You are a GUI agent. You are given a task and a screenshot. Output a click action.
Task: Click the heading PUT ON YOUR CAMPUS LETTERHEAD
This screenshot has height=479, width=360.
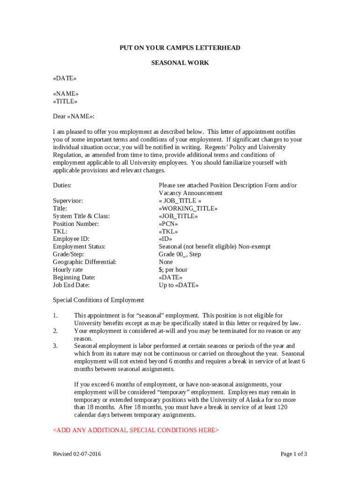[x=180, y=48]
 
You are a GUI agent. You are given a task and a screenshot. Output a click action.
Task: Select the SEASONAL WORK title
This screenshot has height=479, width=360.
[x=180, y=63]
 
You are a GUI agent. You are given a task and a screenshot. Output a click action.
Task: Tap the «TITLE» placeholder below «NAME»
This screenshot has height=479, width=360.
[x=65, y=101]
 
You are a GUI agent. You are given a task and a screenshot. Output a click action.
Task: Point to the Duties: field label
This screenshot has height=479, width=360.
[x=62, y=185]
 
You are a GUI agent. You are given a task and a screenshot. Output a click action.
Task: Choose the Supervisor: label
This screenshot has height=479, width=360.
[x=68, y=201]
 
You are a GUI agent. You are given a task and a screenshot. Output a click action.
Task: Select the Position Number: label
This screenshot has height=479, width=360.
[x=76, y=224]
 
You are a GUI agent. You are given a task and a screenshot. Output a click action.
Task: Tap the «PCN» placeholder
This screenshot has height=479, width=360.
[x=168, y=224]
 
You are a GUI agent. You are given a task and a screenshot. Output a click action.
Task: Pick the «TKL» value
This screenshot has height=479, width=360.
[x=168, y=231]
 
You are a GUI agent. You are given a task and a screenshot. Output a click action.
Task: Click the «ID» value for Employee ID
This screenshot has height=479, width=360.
[x=166, y=239]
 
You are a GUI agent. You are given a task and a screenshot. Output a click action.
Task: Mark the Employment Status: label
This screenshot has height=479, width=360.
[x=79, y=247]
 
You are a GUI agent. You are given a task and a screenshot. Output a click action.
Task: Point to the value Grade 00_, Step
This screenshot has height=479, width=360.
[x=180, y=254]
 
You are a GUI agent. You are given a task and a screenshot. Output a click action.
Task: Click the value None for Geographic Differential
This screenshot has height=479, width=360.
[x=166, y=262]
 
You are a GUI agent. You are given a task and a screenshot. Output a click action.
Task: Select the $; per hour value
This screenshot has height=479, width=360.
[x=173, y=269]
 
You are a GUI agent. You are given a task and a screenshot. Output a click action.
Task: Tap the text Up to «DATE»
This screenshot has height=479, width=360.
[x=179, y=285]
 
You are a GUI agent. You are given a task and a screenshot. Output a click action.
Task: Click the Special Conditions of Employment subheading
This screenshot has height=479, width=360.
[x=98, y=300]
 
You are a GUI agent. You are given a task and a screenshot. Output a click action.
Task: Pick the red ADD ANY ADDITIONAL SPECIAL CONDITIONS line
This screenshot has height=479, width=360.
[x=136, y=430]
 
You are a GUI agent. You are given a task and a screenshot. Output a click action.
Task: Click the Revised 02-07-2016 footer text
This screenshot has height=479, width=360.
[x=77, y=454]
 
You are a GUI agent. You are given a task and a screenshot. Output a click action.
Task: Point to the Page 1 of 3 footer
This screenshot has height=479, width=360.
[x=294, y=454]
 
